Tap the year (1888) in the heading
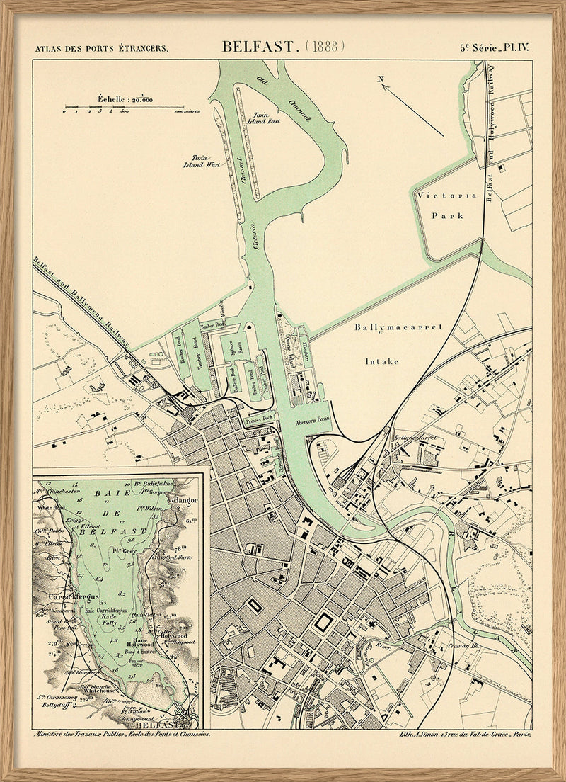325,47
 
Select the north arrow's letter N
381,79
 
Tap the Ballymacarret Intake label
399,344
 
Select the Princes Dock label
258,419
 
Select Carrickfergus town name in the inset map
67,596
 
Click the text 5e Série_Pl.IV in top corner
495,48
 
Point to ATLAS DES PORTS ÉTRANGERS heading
101,49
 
